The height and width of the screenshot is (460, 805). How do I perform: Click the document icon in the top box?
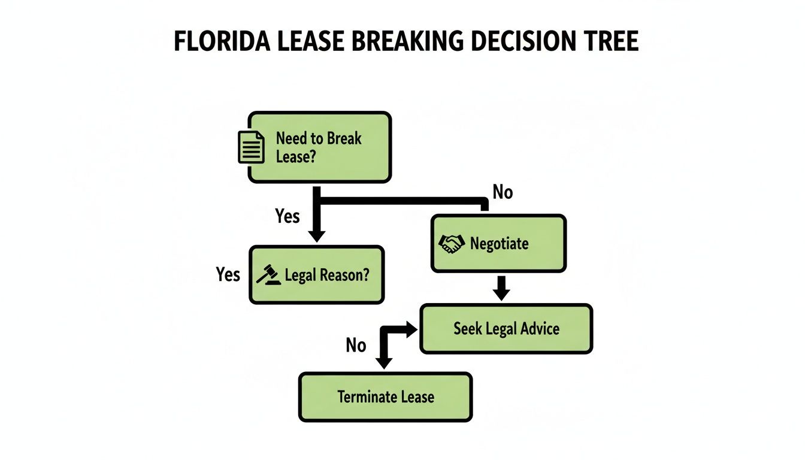pyautogui.click(x=250, y=147)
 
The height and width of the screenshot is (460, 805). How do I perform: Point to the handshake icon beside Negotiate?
pyautogui.click(x=452, y=243)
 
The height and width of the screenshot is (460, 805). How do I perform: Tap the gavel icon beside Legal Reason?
pyautogui.click(x=268, y=275)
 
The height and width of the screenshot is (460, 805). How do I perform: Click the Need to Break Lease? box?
pyautogui.click(x=319, y=147)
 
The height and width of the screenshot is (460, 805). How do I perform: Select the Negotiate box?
pyautogui.click(x=498, y=243)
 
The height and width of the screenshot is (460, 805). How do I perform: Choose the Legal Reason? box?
pyautogui.click(x=316, y=275)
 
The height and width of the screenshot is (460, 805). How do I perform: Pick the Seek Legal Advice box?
pyautogui.click(x=506, y=328)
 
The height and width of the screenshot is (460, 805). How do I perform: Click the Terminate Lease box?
pyautogui.click(x=385, y=397)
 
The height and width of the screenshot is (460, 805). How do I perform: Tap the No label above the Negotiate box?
pyautogui.click(x=502, y=192)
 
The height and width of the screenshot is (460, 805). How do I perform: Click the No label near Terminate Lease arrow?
pyautogui.click(x=356, y=345)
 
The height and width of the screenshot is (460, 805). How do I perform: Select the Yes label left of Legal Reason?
pyautogui.click(x=228, y=274)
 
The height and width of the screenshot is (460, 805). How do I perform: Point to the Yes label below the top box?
pyautogui.click(x=287, y=216)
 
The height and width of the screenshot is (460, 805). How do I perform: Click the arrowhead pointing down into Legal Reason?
pyautogui.click(x=316, y=235)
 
